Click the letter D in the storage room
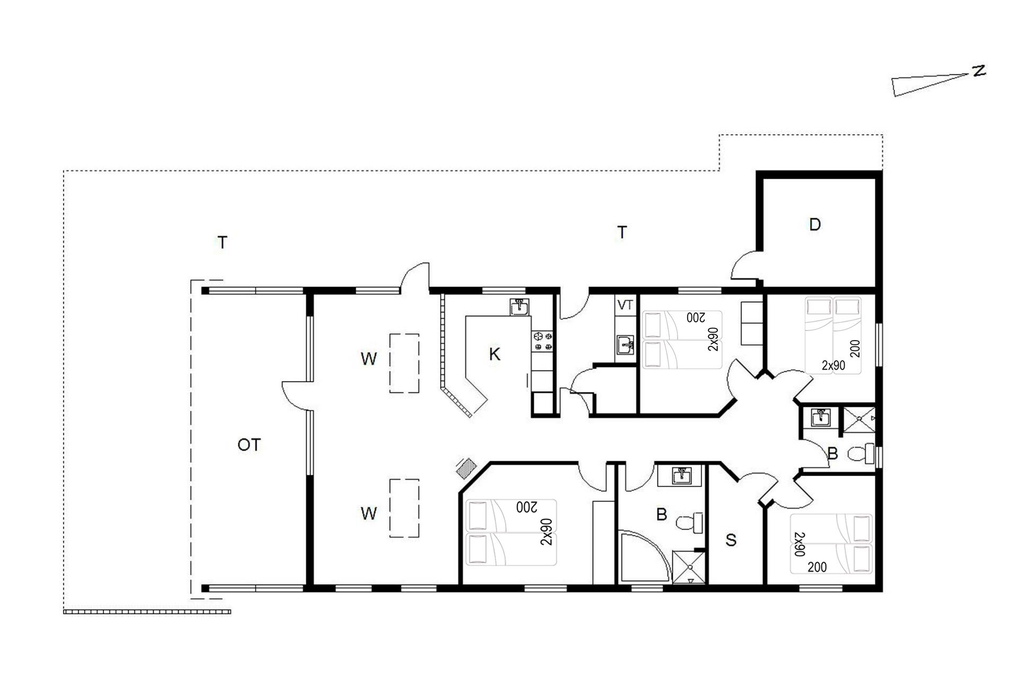click(x=815, y=224)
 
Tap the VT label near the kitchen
click(x=626, y=305)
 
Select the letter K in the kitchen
click(x=494, y=354)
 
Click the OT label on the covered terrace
click(x=249, y=445)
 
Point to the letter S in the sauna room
click(x=731, y=540)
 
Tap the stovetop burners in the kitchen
click(x=542, y=341)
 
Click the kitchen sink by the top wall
click(x=520, y=307)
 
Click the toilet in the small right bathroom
click(x=861, y=454)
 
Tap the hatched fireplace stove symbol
click(x=467, y=468)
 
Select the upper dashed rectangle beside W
click(x=405, y=363)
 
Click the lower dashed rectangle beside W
click(x=405, y=508)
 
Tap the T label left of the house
click(x=223, y=242)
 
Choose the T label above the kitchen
click(x=622, y=232)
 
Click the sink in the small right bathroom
click(x=821, y=417)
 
